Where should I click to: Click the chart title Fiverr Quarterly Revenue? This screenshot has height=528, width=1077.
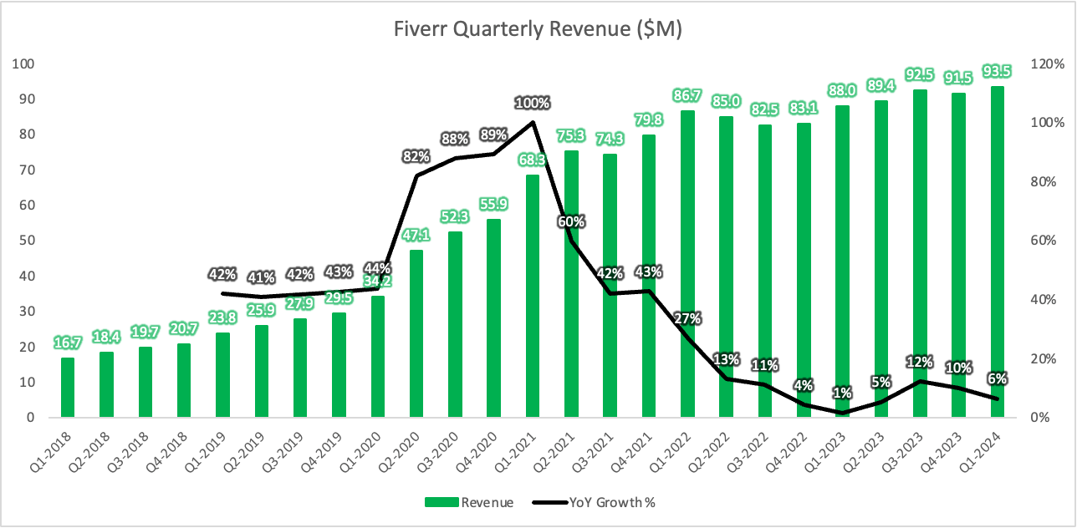538,30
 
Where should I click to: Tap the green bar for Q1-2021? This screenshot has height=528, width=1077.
533,334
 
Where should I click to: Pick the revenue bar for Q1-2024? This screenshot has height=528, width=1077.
997,251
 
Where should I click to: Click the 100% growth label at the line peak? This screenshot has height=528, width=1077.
533,103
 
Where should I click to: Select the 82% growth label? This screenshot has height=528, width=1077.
416,156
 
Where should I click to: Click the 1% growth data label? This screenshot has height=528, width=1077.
842,393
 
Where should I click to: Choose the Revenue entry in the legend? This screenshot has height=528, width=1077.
469,502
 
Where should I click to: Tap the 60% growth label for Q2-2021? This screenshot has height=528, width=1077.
572,221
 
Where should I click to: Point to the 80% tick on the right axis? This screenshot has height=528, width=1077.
1045,181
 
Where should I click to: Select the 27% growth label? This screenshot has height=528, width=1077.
687,318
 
